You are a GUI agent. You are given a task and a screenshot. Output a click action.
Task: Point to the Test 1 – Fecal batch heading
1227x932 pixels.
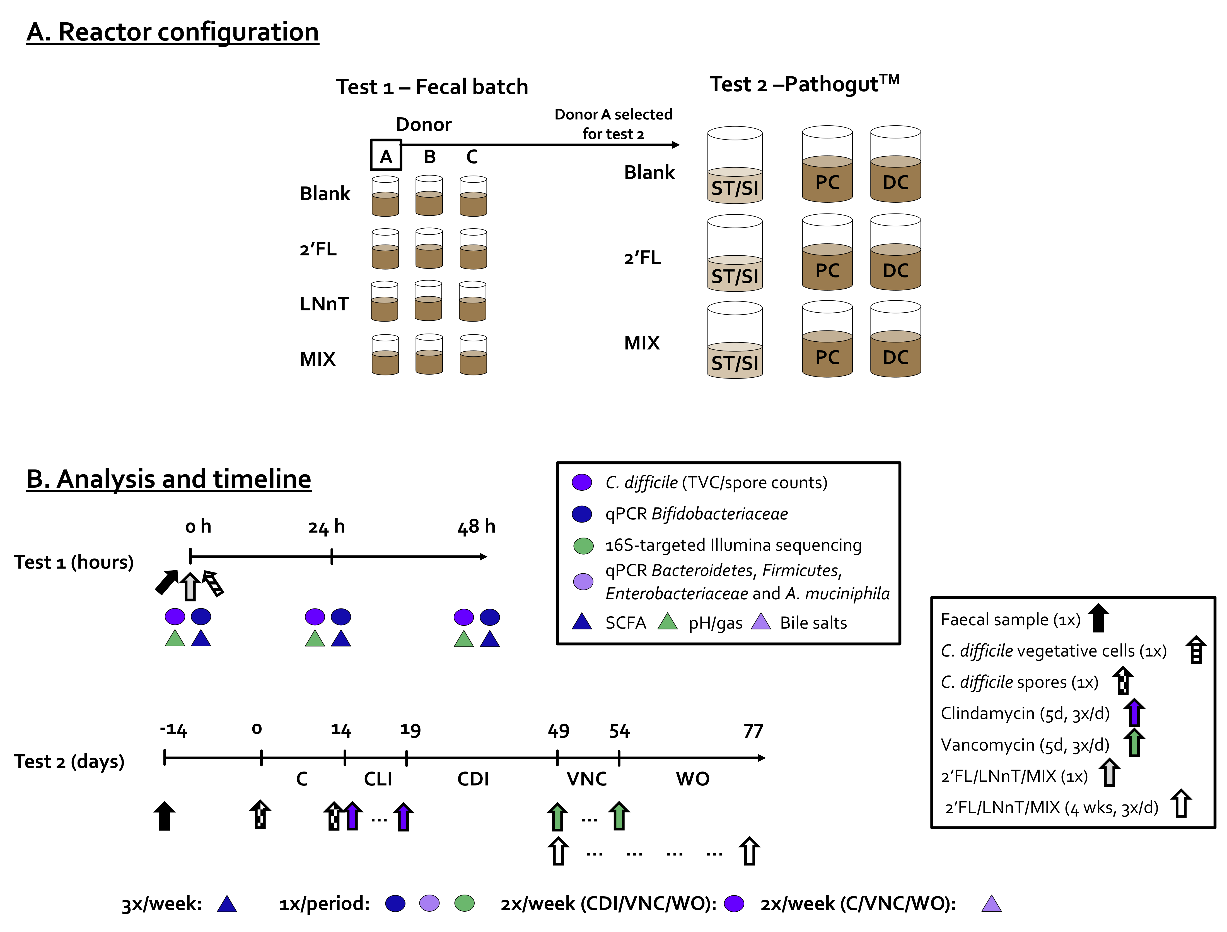432,87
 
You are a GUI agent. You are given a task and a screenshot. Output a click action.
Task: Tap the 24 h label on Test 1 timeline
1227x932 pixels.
326,526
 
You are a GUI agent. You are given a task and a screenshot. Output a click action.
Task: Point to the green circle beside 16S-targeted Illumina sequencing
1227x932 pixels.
583,546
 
